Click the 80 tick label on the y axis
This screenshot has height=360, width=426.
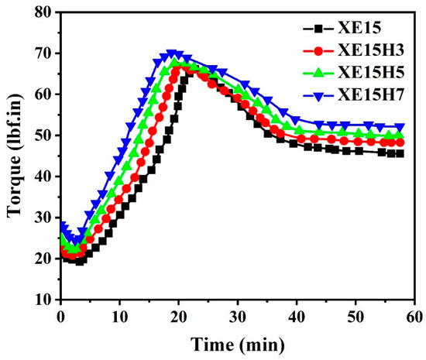point(43,13)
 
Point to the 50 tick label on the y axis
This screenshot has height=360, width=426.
point(43,135)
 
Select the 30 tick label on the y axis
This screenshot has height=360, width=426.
point(43,218)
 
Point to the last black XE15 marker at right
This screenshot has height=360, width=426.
point(400,153)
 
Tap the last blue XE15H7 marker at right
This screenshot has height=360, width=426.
point(400,127)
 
